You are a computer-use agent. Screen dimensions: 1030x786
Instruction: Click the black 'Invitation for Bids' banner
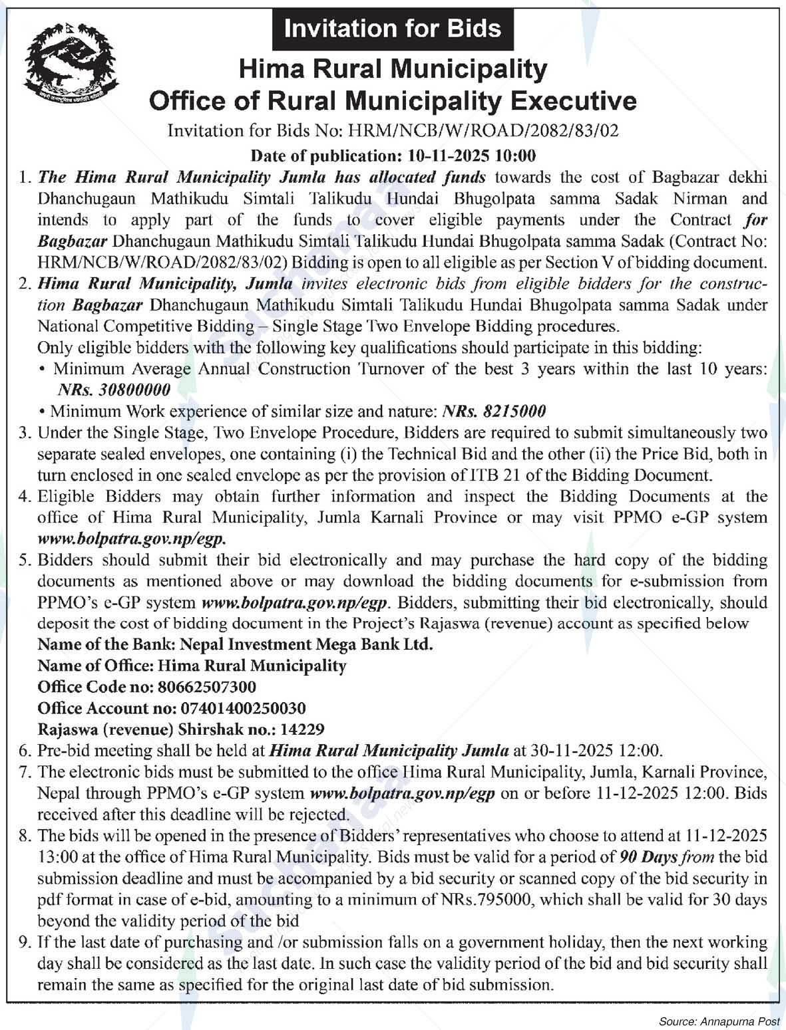point(393,29)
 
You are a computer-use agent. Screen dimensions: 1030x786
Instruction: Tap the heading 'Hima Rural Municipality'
point(393,68)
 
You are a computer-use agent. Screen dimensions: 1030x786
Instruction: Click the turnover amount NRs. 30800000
point(114,390)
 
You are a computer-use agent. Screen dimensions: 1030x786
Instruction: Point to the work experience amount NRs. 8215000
point(494,412)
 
